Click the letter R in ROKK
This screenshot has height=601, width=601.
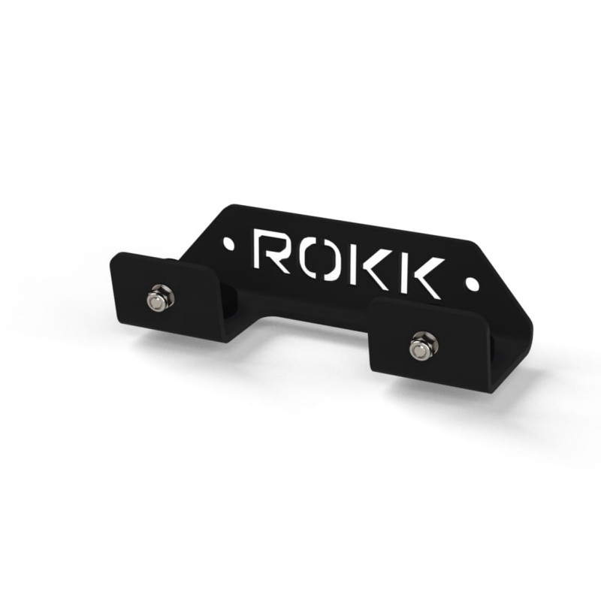[x=271, y=251]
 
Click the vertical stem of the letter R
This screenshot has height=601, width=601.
[x=260, y=251]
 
